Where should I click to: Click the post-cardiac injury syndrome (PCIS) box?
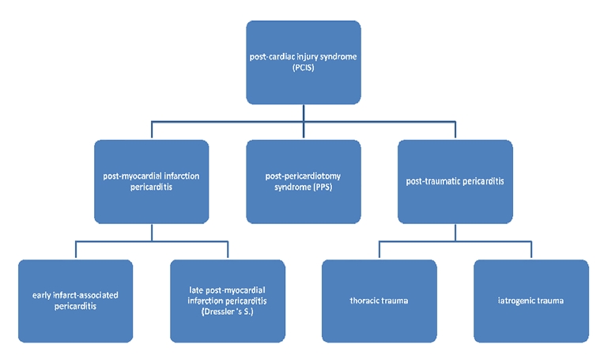pyautogui.click(x=304, y=62)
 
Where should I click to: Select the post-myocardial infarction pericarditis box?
pyautogui.click(x=151, y=181)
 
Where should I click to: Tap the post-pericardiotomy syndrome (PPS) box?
pyautogui.click(x=304, y=181)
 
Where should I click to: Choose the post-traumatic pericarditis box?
pyautogui.click(x=455, y=181)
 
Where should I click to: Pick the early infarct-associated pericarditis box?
pyautogui.click(x=74, y=301)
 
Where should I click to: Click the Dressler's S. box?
pyautogui.click(x=227, y=301)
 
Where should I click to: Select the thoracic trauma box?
pyautogui.click(x=379, y=301)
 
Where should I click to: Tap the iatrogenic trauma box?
pyautogui.click(x=531, y=301)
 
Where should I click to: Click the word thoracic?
pyautogui.click(x=365, y=301)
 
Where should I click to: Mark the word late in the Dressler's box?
pyautogui.click(x=187, y=290)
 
